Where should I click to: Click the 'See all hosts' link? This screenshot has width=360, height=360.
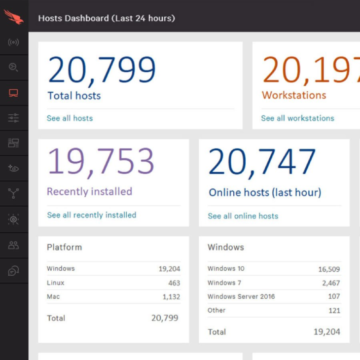point(70,118)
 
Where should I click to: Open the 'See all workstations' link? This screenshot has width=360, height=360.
point(297,118)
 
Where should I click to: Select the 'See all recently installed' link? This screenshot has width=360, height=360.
point(91,215)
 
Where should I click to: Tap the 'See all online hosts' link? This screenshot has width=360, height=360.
point(243,216)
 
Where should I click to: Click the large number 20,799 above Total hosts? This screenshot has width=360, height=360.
point(102,70)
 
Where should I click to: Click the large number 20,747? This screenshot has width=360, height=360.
point(262,162)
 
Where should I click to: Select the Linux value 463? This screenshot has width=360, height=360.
point(174,283)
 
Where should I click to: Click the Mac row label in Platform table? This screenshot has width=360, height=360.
point(53,297)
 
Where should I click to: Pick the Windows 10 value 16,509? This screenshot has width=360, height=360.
point(329,269)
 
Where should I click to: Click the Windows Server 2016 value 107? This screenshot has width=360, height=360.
point(334,296)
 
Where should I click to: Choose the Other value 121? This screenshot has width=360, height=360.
point(334,311)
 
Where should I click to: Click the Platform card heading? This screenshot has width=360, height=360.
point(64,247)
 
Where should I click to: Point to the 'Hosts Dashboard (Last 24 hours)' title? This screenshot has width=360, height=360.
point(106,18)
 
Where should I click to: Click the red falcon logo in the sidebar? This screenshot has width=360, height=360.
point(13,16)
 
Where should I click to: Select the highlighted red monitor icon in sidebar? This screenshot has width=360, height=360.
point(14,93)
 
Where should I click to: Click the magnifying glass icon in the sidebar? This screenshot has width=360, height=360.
point(14,68)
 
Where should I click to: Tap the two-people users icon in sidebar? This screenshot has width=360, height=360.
point(14,245)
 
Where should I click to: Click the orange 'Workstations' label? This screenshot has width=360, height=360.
point(293,95)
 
